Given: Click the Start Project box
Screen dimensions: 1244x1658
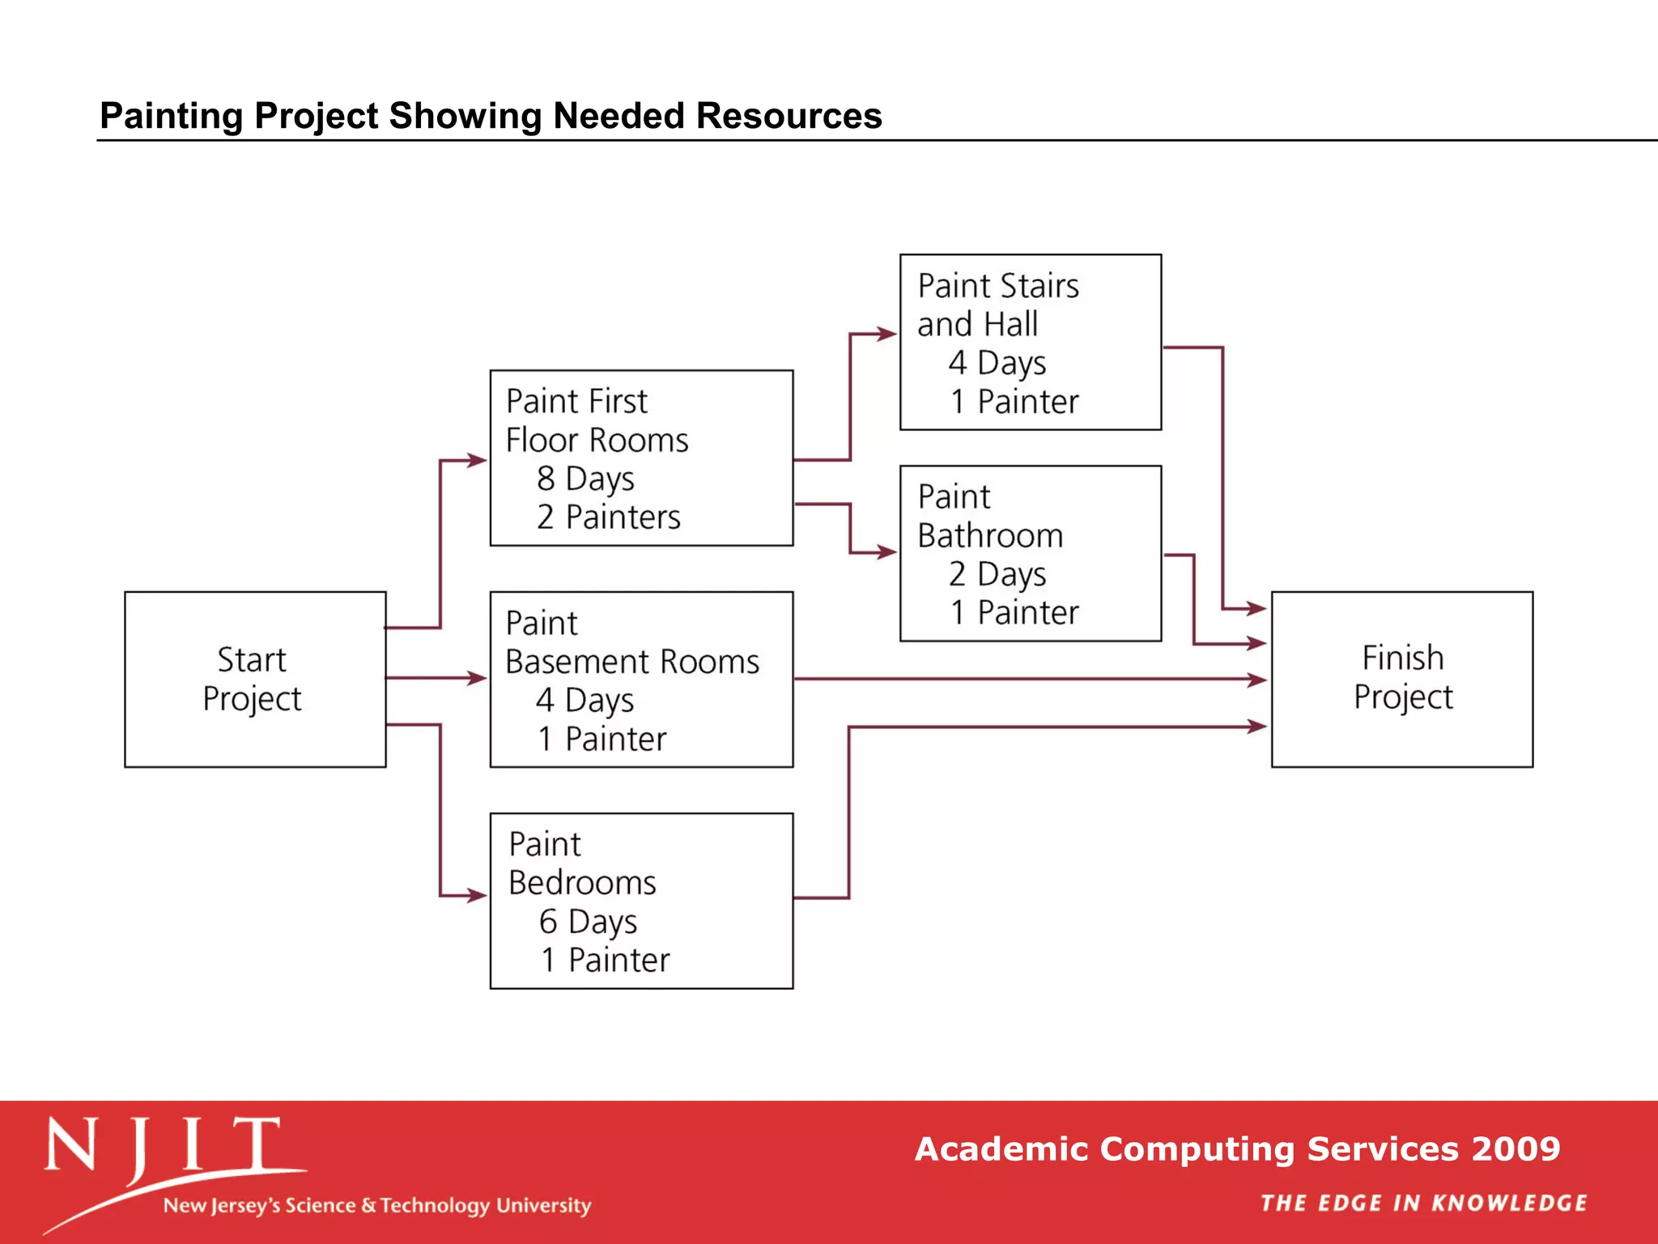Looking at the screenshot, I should (254, 679).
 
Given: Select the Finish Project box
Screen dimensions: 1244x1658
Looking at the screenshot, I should (1401, 679).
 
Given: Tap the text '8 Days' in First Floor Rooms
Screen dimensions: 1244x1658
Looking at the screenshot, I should (585, 479).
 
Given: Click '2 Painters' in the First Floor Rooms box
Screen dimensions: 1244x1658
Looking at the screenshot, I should (608, 518).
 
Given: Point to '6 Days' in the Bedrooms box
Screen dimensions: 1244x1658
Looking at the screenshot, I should (588, 922).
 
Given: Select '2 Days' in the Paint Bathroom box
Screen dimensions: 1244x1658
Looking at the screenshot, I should (997, 574).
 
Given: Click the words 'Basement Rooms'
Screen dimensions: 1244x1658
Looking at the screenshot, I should (632, 662).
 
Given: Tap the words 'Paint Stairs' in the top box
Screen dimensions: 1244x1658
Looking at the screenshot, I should (998, 286).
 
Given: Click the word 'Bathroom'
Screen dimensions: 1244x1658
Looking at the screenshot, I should (990, 536).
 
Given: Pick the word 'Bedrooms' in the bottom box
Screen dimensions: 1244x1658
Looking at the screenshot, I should (582, 883).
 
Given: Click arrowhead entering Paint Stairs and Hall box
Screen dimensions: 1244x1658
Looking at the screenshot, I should (887, 334).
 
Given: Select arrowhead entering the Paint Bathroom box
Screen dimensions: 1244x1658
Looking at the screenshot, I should (887, 552).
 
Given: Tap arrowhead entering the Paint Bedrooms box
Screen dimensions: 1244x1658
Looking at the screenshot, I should (478, 896).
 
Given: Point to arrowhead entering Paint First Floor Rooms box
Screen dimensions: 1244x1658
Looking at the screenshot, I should (478, 460).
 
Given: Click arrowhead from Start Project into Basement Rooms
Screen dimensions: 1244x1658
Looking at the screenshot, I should (478, 678).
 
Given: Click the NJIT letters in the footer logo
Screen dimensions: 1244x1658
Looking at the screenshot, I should (162, 1146).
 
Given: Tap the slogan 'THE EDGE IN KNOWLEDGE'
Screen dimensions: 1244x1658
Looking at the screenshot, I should (1423, 1203).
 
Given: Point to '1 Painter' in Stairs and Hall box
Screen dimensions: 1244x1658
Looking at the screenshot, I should (1014, 403).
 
